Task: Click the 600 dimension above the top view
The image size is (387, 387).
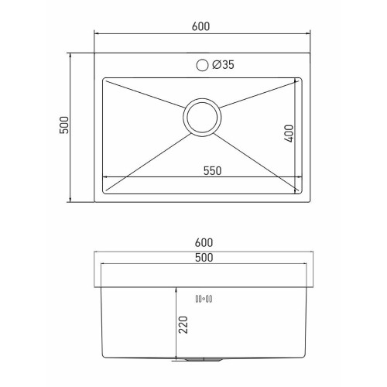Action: coord(200,26)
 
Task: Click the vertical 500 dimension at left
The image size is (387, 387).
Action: coord(64,125)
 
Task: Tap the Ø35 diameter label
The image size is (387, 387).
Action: coord(223,65)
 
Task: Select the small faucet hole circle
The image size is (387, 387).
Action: coord(202,65)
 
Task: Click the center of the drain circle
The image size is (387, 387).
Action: coord(202,118)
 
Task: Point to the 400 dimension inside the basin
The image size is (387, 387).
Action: coord(289,133)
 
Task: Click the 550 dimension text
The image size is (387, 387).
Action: coord(212,171)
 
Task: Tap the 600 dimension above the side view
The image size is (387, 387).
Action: coord(204,243)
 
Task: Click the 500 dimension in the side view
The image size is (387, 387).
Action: coord(204,258)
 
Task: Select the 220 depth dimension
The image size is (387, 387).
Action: coord(183,324)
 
